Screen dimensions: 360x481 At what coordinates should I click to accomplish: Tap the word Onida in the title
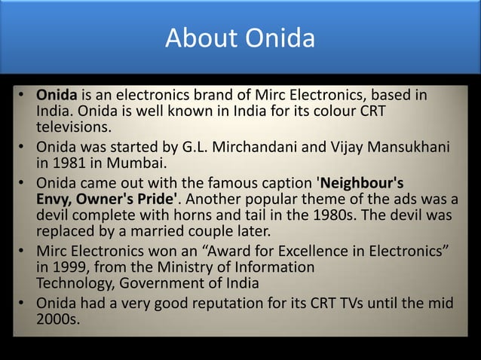point(281,36)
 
